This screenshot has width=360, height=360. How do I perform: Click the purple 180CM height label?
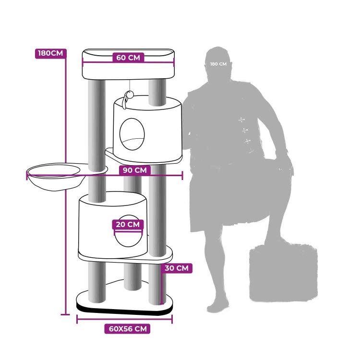pos(51,53)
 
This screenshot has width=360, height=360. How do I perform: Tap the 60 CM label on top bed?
pos(128,58)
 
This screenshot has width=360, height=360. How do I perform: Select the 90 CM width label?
pos(135,170)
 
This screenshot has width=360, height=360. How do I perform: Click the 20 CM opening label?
pos(128,224)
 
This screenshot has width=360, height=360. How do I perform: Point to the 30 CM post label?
pos(177,268)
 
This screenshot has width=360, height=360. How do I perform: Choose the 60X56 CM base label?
pos(127,329)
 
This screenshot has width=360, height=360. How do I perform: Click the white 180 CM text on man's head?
pos(218,64)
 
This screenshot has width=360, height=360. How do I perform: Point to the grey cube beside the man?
pos(284,273)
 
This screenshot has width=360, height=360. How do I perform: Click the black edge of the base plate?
pos(124,311)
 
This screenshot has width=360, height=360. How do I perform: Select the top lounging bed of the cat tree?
pos(128,64)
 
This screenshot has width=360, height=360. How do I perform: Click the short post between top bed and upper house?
pos(157,93)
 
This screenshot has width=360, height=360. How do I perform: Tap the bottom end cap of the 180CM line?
pos(65,314)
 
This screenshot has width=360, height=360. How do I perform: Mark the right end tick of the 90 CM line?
pos(182,176)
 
